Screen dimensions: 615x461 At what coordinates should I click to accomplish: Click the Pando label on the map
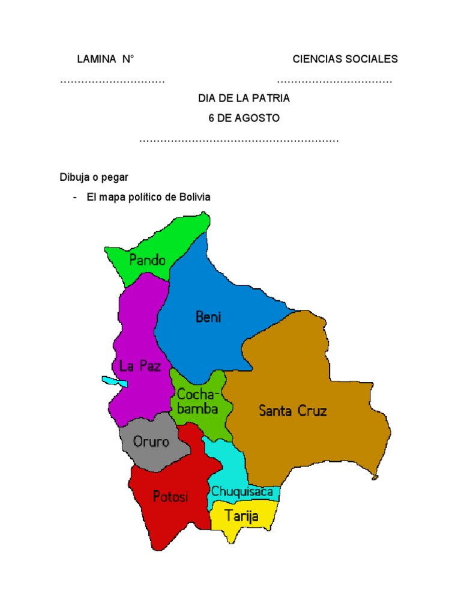(x=147, y=261)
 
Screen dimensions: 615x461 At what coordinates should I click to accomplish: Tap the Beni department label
(x=208, y=317)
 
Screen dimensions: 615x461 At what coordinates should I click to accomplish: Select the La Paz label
(x=140, y=366)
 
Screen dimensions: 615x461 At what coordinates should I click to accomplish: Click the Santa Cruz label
(x=292, y=411)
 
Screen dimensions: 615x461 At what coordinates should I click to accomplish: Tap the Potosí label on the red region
(x=170, y=497)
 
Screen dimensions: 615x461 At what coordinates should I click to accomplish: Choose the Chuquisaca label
(x=242, y=492)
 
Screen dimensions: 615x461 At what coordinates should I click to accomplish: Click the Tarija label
(x=241, y=515)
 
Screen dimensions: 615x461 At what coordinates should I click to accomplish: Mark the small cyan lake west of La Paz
(x=109, y=381)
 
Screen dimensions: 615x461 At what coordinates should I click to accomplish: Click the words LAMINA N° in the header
(x=105, y=59)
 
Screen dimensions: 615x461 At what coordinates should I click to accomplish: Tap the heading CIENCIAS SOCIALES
(x=345, y=59)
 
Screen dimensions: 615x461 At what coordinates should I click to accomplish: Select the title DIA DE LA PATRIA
(x=244, y=98)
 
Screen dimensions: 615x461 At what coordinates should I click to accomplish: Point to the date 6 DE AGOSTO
(x=244, y=118)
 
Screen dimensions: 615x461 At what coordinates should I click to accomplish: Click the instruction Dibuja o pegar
(x=94, y=177)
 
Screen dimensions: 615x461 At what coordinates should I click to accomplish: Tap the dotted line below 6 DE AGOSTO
(x=239, y=141)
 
